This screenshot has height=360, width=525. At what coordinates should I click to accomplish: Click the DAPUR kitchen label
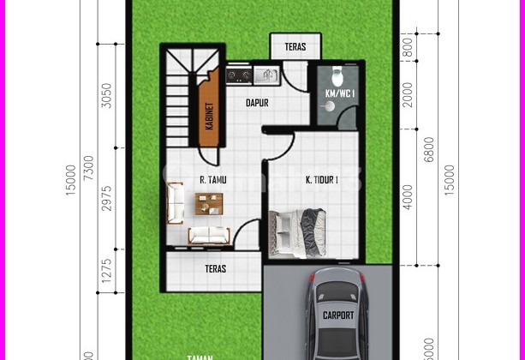[258, 103]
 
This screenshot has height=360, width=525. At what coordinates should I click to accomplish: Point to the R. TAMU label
[212, 181]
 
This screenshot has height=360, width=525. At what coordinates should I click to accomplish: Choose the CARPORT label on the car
[337, 315]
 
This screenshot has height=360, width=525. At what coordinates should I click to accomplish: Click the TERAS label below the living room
[216, 268]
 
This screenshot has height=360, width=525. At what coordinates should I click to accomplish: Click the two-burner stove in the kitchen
[239, 77]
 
